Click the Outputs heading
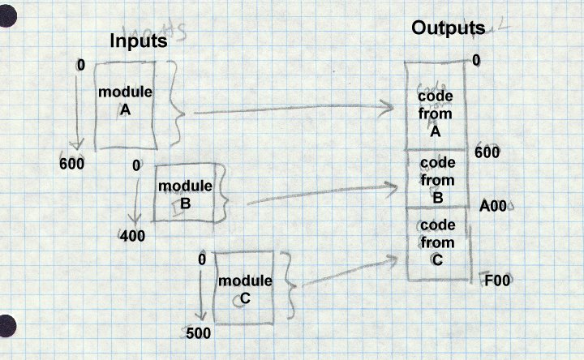pyautogui.click(x=448, y=28)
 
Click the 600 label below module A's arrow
pyautogui.click(x=73, y=163)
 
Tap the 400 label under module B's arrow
pyautogui.click(x=132, y=237)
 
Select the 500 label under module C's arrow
pyautogui.click(x=199, y=333)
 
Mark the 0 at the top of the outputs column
pyautogui.click(x=477, y=60)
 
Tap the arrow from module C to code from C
pyautogui.click(x=345, y=272)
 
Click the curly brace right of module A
pyautogui.click(x=180, y=114)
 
